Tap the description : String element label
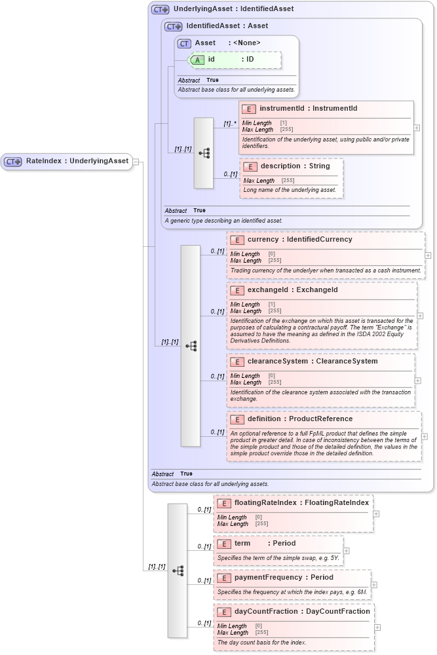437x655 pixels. coord(295,166)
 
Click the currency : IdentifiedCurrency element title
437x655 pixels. coord(299,240)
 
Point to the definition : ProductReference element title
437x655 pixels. coord(300,419)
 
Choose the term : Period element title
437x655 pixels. coord(265,544)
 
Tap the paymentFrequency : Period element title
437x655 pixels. coord(284,578)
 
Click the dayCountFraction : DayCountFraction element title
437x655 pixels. coord(302,612)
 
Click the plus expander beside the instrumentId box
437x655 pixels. coord(417,128)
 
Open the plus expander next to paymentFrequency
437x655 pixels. coord(374,584)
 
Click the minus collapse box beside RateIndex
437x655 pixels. coord(136,161)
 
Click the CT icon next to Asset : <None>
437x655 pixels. coord(185,43)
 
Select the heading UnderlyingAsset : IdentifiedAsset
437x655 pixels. coord(233,9)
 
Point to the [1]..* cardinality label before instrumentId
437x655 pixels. coord(229,123)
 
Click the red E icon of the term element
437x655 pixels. coord(223,544)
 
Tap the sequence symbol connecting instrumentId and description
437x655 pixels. coord(204,153)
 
